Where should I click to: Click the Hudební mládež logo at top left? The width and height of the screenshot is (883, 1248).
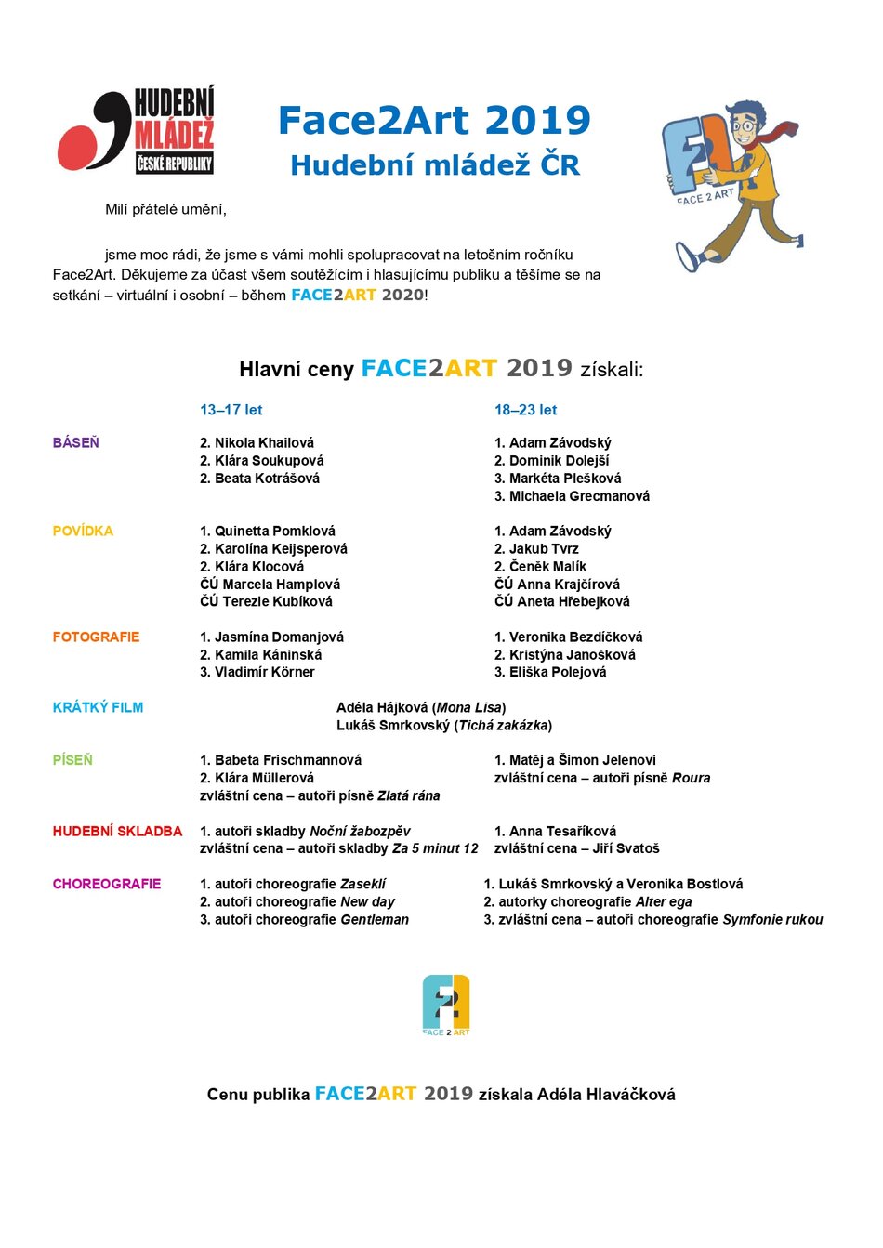tap(136, 130)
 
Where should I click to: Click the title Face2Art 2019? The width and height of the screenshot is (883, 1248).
tap(434, 121)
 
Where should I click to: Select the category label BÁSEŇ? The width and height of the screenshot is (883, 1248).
tap(75, 443)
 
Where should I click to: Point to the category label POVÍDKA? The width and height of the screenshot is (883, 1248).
tap(83, 532)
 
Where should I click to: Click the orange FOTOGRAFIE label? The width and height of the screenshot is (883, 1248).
tap(96, 637)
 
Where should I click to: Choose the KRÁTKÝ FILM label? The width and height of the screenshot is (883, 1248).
tap(98, 708)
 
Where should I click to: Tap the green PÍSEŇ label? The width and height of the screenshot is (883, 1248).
tap(72, 760)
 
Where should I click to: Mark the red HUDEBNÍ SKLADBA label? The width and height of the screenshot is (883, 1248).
tap(117, 832)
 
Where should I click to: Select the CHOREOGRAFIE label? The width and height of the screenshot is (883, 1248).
tap(107, 885)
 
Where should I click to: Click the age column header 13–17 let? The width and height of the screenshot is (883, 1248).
tap(231, 410)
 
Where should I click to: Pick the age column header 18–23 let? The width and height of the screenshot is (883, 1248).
tap(525, 410)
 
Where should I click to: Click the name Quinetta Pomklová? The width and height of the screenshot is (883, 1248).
tap(275, 532)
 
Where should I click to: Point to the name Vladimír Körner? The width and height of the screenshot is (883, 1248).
tap(265, 672)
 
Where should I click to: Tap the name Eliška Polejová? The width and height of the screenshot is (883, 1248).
tap(558, 672)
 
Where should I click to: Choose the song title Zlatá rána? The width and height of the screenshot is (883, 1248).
tap(408, 796)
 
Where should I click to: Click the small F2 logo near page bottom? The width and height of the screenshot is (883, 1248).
tap(446, 1005)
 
